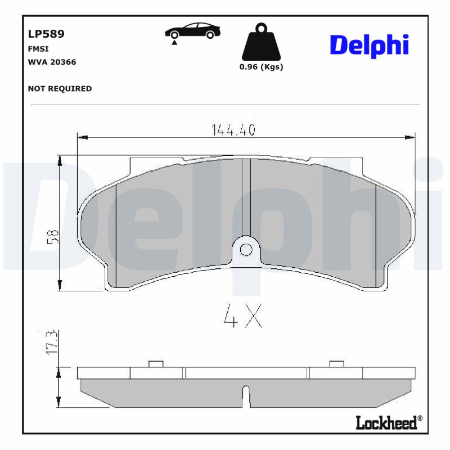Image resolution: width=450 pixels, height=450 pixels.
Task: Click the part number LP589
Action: click(x=46, y=34)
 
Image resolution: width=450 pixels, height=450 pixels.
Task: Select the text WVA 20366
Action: click(x=52, y=62)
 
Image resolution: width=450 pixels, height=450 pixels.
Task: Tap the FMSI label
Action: click(x=37, y=49)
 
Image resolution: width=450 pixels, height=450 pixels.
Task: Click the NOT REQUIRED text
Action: click(x=60, y=89)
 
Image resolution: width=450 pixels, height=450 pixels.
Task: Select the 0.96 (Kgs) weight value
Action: click(x=261, y=67)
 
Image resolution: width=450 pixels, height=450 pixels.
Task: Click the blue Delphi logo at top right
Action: click(x=368, y=46)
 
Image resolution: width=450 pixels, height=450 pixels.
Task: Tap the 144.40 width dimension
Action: click(x=233, y=130)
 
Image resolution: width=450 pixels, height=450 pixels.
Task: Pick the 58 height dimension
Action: click(x=52, y=236)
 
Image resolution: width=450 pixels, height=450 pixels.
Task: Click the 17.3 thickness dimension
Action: click(x=51, y=341)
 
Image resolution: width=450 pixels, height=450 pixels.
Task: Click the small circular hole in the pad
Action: click(x=245, y=249)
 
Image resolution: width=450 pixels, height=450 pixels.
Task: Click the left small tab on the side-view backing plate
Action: click(x=155, y=363)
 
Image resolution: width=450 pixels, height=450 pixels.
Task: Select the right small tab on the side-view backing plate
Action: click(x=336, y=363)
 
